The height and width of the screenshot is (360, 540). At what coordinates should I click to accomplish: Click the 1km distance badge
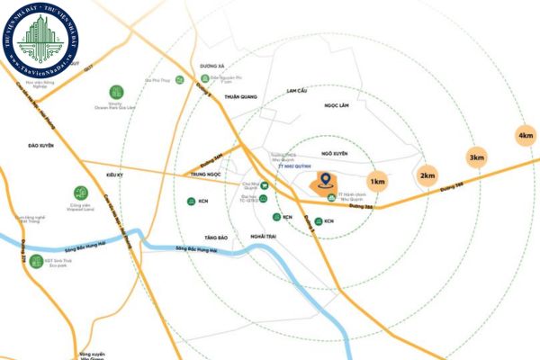coord(378,182)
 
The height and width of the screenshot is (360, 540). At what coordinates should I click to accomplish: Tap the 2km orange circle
coord(428,174)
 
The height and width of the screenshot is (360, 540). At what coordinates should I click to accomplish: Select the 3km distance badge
coord(475,157)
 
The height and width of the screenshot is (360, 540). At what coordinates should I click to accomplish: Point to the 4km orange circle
coord(526,136)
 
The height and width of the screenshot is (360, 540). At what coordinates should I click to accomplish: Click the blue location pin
coord(323,183)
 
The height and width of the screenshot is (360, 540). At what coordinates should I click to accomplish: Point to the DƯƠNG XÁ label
coord(210,65)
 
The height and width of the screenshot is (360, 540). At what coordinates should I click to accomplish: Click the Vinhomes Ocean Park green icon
coord(116,92)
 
